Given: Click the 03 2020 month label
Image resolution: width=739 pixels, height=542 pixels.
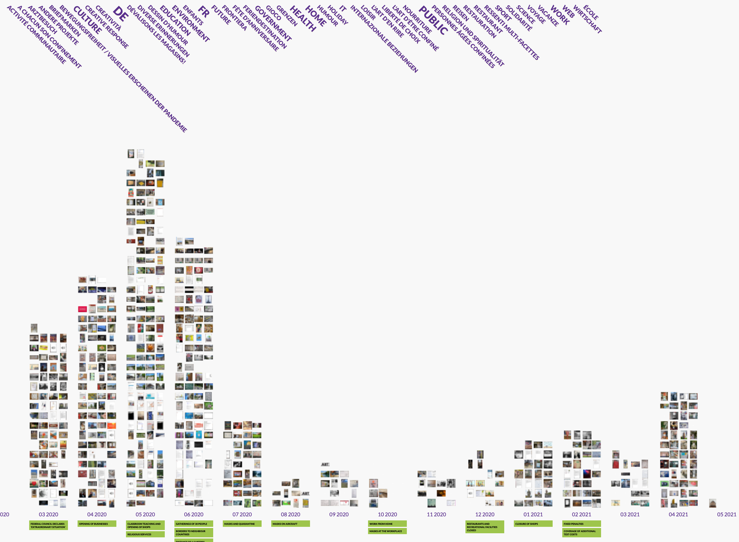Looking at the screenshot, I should (x=48, y=515).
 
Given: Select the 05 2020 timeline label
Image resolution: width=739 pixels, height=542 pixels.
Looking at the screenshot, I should (x=145, y=515).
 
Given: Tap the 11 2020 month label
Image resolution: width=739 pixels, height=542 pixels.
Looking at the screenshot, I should (x=436, y=515).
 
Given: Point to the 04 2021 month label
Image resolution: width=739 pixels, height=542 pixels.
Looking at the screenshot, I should (x=678, y=515).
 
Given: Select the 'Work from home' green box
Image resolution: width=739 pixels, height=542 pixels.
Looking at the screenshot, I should (x=387, y=524).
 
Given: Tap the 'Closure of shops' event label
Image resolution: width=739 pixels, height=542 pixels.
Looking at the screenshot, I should (x=533, y=524).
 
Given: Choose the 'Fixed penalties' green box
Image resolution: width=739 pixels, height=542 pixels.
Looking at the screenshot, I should (x=582, y=524).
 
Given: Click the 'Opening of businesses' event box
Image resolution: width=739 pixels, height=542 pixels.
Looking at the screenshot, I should (x=97, y=524).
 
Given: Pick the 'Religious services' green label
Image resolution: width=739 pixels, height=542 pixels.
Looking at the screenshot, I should (x=145, y=534).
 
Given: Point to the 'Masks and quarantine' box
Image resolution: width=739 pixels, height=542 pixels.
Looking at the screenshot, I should (x=242, y=524).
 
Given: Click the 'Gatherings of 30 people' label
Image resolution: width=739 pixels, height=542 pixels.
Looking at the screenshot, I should (x=194, y=524).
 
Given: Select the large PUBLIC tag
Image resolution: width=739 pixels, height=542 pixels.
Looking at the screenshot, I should (x=434, y=20).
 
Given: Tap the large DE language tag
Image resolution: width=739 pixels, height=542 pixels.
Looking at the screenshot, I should (x=121, y=14).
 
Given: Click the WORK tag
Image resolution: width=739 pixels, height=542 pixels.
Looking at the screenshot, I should (x=560, y=15).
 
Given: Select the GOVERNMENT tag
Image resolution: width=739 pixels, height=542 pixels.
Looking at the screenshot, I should (x=273, y=23).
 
